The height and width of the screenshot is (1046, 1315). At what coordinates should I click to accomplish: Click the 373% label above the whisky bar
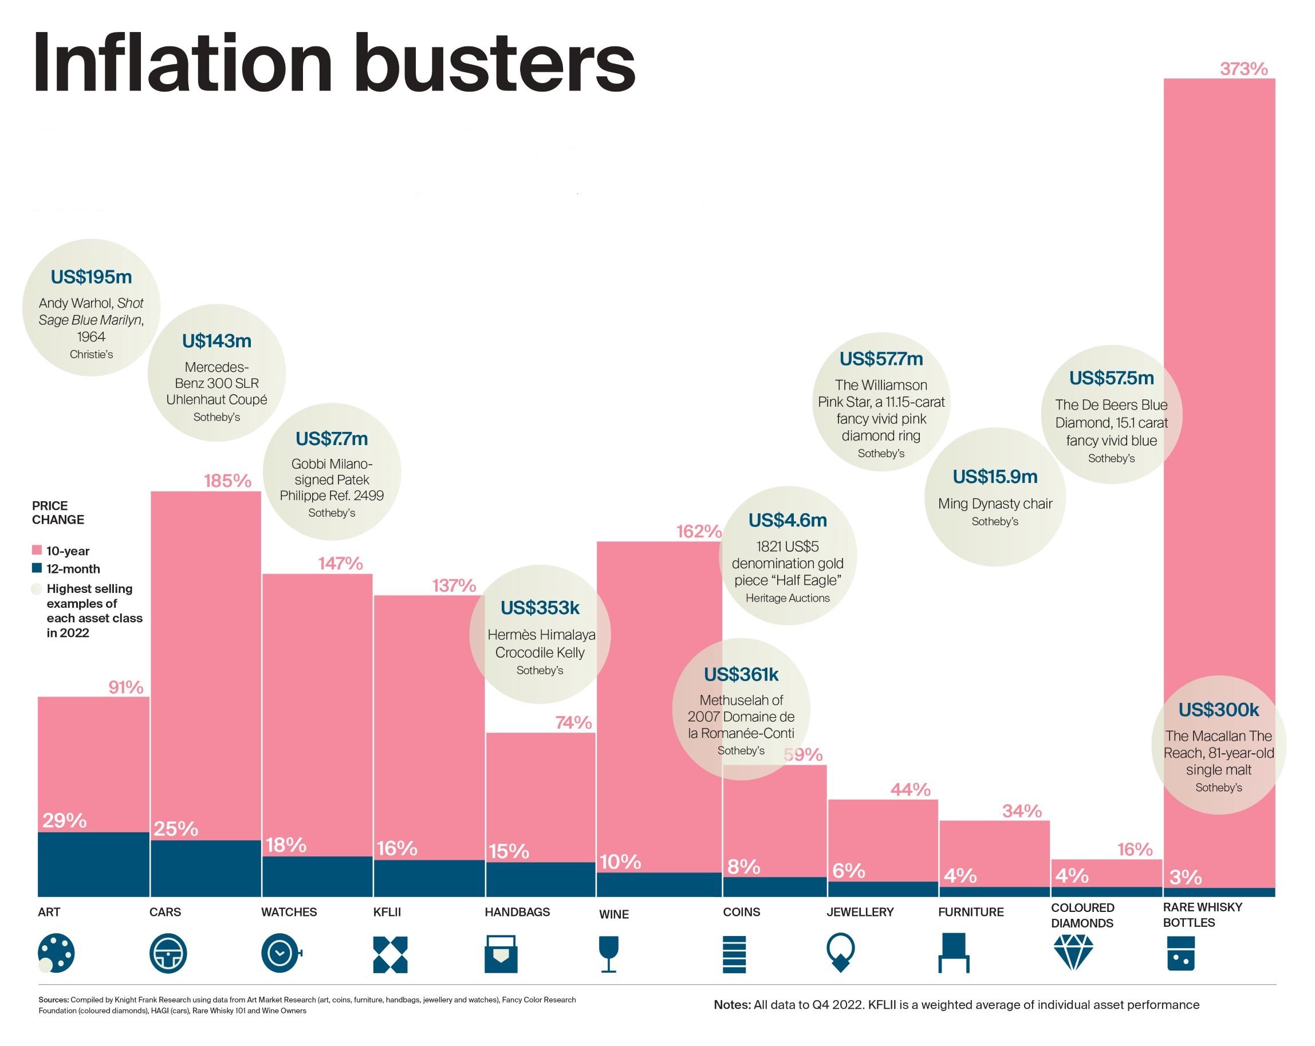tap(1243, 69)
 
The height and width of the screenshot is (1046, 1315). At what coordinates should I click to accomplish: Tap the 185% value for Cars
tap(227, 481)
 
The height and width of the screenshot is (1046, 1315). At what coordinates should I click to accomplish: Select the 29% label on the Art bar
tap(64, 820)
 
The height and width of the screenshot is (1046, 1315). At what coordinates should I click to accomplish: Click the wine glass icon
tap(609, 954)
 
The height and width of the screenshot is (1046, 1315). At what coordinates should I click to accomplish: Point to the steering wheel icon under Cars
tap(168, 953)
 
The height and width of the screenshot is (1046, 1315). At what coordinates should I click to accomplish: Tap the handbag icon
tap(501, 953)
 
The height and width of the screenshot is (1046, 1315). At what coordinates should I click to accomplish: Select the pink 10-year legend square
tap(37, 550)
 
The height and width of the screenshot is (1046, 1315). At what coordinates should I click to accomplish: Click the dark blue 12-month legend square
tap(37, 568)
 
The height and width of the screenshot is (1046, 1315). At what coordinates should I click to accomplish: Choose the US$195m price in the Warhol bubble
tap(91, 277)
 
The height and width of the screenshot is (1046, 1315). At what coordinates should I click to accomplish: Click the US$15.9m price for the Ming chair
tap(995, 477)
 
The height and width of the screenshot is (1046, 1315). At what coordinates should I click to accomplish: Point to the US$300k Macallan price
tap(1218, 709)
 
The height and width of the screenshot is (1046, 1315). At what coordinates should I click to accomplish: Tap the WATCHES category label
tap(289, 912)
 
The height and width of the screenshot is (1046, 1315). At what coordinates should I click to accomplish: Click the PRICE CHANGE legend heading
tap(58, 512)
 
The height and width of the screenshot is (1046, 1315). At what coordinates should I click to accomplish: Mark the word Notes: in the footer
tap(732, 1005)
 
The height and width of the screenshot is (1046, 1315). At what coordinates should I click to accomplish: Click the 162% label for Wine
tap(698, 531)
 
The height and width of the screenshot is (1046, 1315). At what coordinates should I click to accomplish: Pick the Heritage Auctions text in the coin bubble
tap(788, 597)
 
